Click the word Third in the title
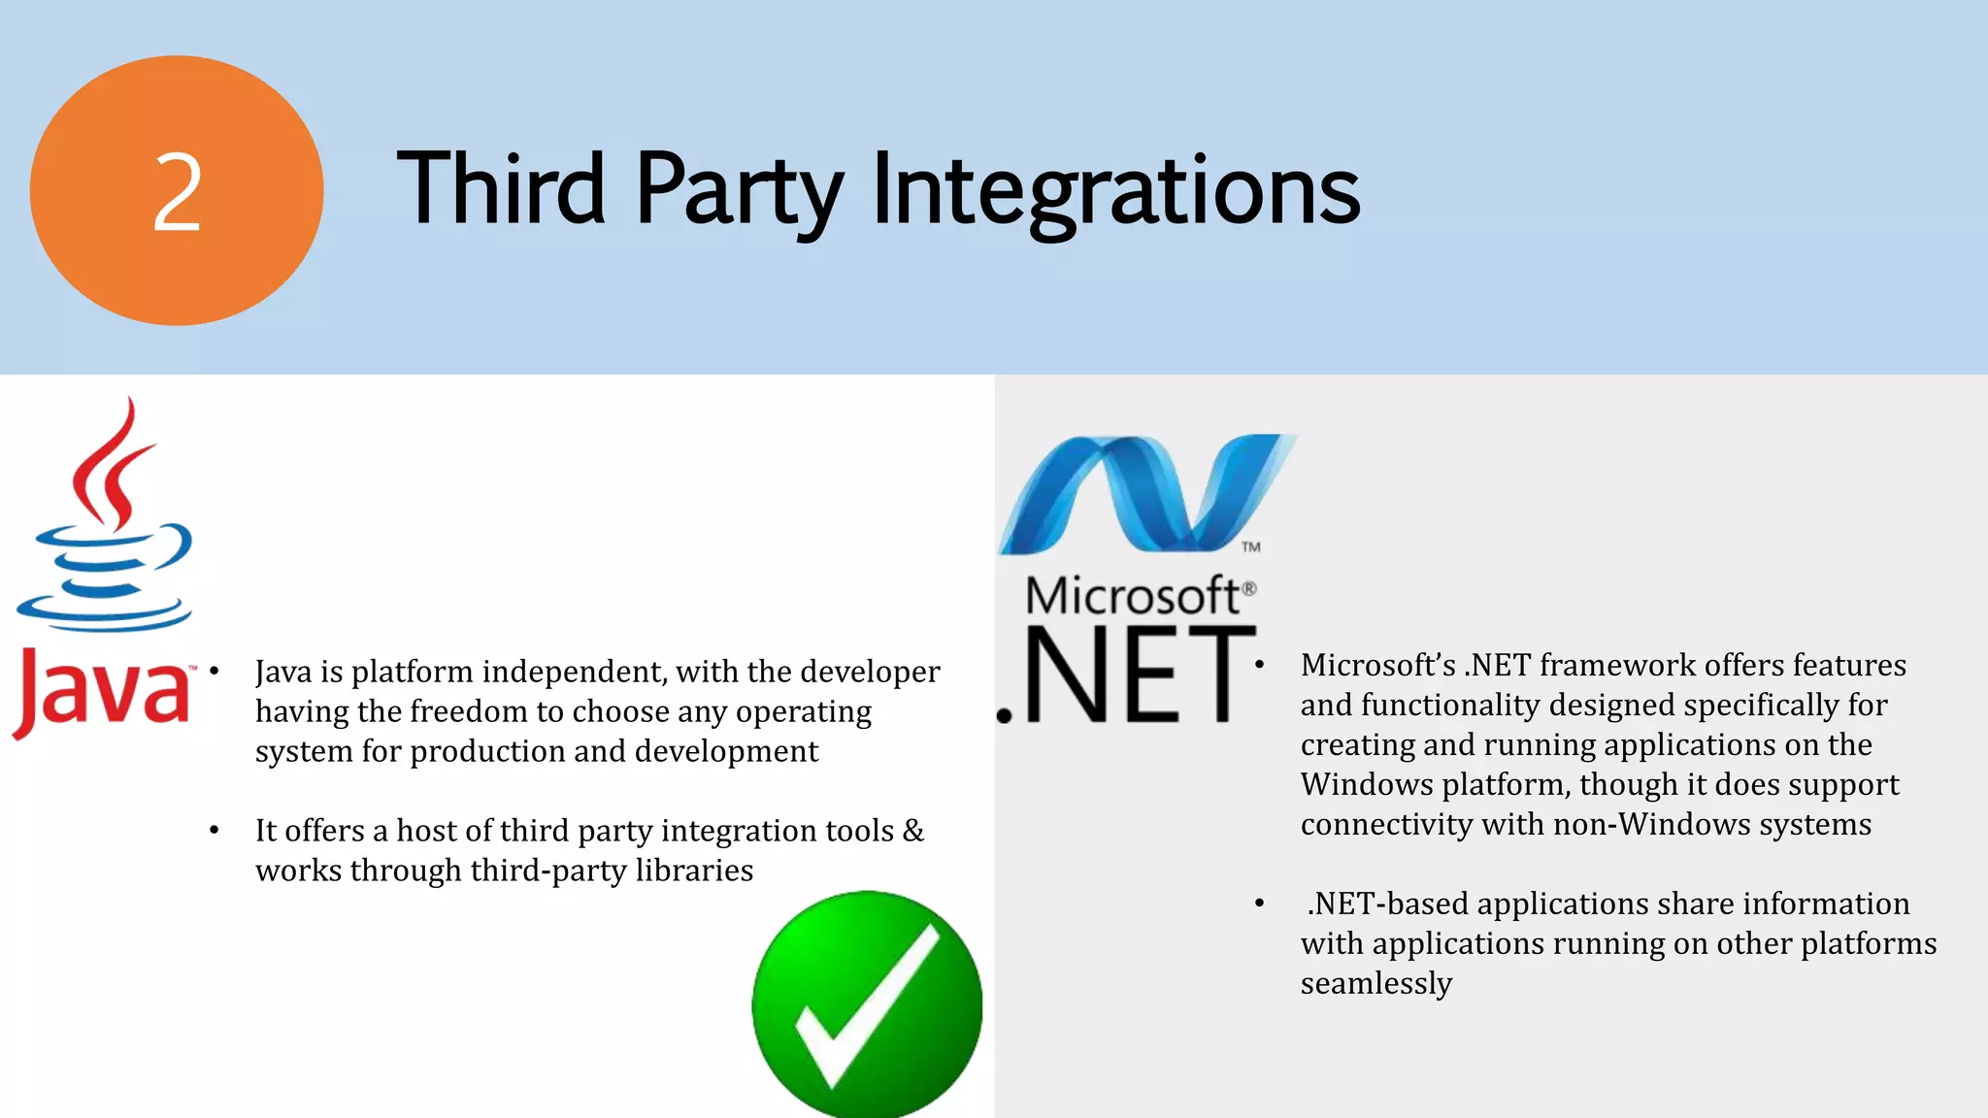[501, 188]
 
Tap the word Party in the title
[739, 190]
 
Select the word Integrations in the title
[1116, 190]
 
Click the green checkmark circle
[867, 1005]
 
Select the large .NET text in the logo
[1126, 675]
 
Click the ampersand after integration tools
[912, 831]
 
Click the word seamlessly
[1375, 984]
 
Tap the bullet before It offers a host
[215, 831]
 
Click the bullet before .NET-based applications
[1259, 904]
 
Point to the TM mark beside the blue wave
[1250, 547]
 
